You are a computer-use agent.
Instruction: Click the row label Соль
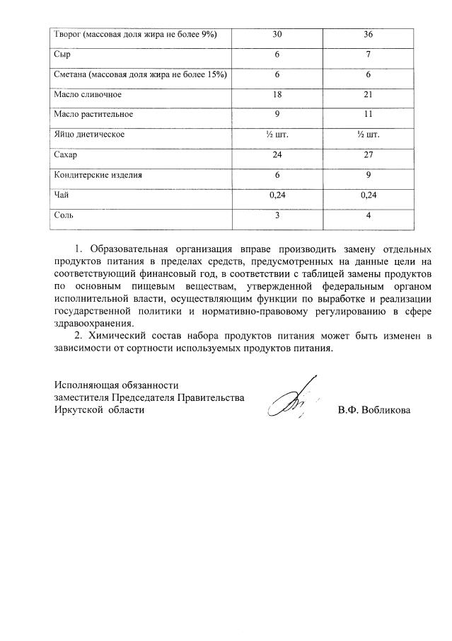(x=64, y=215)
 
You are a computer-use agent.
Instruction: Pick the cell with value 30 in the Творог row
(x=277, y=33)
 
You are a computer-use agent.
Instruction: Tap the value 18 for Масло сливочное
(x=277, y=93)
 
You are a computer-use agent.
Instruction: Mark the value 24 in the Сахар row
(x=277, y=154)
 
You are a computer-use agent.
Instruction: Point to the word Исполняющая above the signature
(x=83, y=385)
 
